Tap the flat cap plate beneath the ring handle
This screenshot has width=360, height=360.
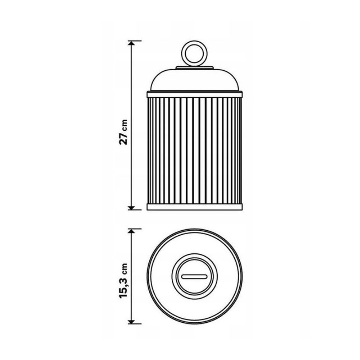[194, 67]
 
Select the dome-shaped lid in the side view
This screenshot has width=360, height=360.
[194, 80]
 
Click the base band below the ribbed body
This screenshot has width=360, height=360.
[194, 207]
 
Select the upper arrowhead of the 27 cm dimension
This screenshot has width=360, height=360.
[132, 44]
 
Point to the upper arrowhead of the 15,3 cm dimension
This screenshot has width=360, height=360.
[132, 232]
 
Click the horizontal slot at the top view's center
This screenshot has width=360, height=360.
[194, 276]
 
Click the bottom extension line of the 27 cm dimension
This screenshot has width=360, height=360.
[135, 209]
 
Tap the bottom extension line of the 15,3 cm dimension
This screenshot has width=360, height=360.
[135, 324]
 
